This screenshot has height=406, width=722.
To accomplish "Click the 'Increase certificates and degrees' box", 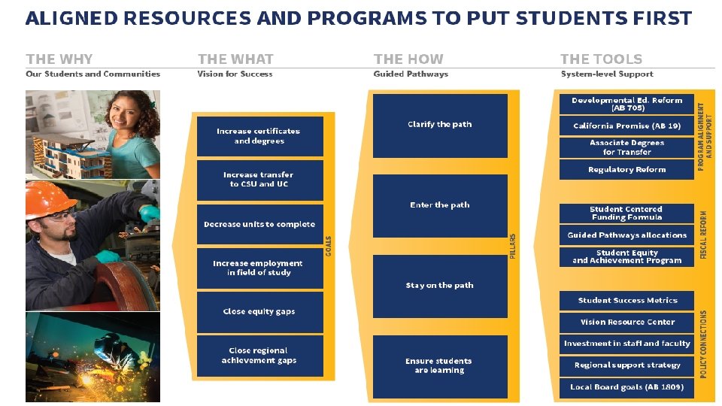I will click(259, 136).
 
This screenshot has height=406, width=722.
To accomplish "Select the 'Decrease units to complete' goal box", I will click(259, 224).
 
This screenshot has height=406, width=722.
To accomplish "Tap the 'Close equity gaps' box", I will click(259, 311).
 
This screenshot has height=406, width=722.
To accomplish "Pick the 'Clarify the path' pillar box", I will click(440, 125).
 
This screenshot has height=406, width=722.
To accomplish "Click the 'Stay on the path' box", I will click(440, 286).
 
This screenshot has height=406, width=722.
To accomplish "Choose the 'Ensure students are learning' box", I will click(440, 365).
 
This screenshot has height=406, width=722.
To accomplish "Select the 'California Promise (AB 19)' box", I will click(626, 126).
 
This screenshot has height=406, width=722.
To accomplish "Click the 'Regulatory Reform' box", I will click(626, 169).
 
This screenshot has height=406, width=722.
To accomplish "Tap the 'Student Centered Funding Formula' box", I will click(626, 214).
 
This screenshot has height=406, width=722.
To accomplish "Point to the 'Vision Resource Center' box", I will click(626, 322).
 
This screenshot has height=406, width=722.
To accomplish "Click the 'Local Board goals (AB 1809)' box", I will click(626, 387).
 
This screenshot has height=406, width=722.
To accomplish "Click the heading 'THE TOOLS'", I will click(601, 59).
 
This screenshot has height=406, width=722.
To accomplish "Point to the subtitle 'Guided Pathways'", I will click(411, 74).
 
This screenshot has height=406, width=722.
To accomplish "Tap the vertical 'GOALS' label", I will click(329, 245).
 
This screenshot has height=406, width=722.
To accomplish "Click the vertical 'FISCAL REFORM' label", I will click(704, 235).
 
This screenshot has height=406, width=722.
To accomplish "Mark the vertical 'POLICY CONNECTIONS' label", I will click(704, 344).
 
